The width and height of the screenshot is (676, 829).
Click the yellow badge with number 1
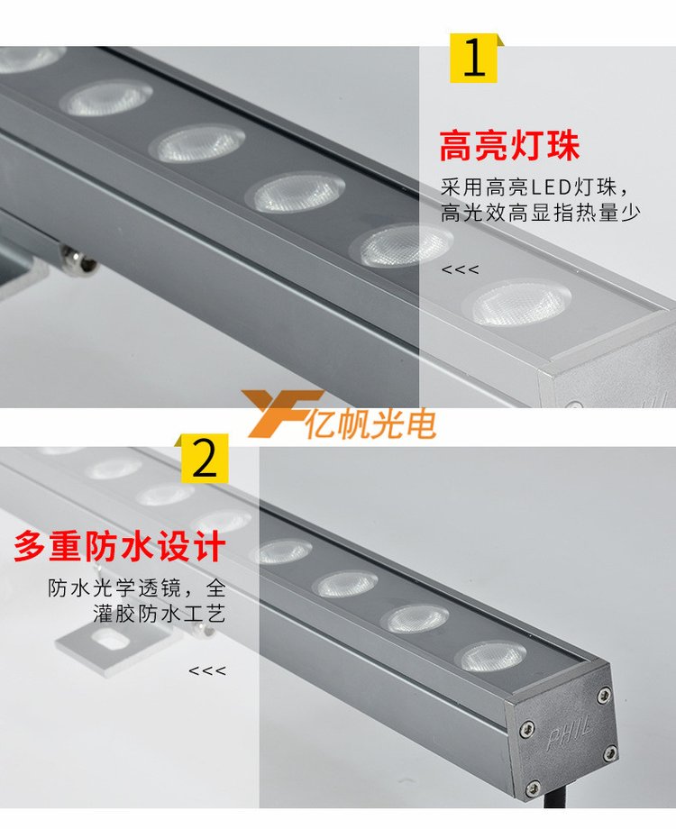coord(474,59)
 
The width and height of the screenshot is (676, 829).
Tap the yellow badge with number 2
coord(205,459)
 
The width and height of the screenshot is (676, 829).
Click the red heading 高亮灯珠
coord(509,146)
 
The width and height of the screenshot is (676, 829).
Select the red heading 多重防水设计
coord(120,546)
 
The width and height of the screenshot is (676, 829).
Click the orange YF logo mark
coord(283,414)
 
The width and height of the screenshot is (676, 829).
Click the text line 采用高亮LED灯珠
coord(535,187)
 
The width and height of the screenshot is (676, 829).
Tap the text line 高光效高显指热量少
coord(541,213)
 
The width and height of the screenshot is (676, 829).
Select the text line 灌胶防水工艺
coord(160,614)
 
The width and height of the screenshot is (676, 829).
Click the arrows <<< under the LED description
coord(461,269)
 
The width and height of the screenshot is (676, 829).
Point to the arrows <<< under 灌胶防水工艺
coord(207,671)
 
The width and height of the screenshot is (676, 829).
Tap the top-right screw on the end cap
coord(603,695)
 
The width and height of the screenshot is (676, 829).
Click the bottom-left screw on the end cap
coord(534,786)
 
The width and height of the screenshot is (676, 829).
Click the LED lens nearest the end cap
coord(494,656)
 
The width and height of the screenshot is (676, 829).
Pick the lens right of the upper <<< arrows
coord(520,304)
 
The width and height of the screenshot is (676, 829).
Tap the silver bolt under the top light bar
coord(79,260)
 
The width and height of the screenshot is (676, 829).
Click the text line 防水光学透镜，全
coord(137,588)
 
